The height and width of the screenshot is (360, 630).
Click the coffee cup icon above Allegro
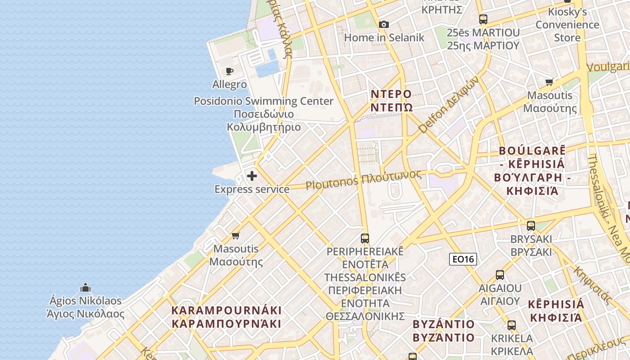[x=229, y=71]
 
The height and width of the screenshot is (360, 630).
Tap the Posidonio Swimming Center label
[x=264, y=114]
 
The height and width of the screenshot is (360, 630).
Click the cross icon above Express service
[x=252, y=175]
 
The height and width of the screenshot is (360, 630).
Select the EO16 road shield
[x=463, y=259]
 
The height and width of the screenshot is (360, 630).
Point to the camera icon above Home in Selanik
[x=383, y=24]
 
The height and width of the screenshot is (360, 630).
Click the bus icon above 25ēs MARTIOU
[x=483, y=19]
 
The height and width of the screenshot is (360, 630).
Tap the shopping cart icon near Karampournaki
[x=235, y=235]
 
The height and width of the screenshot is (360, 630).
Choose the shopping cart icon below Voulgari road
[x=549, y=82]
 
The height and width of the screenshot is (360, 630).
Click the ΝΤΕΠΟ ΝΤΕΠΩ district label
[x=391, y=100]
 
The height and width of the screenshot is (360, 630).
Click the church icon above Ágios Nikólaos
[x=85, y=288]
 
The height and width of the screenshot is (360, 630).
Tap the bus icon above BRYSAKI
[x=531, y=225]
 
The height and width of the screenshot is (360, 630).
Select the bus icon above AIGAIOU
[x=499, y=275]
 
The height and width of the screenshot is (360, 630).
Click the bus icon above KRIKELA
[x=512, y=325]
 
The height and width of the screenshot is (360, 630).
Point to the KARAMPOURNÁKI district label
[x=227, y=317]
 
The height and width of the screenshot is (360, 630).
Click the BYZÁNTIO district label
[x=444, y=331]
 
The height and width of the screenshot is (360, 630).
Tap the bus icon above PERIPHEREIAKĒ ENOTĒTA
[x=365, y=238]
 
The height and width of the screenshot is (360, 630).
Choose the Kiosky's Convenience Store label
[x=567, y=25]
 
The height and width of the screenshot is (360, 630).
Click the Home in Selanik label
[x=384, y=38]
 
